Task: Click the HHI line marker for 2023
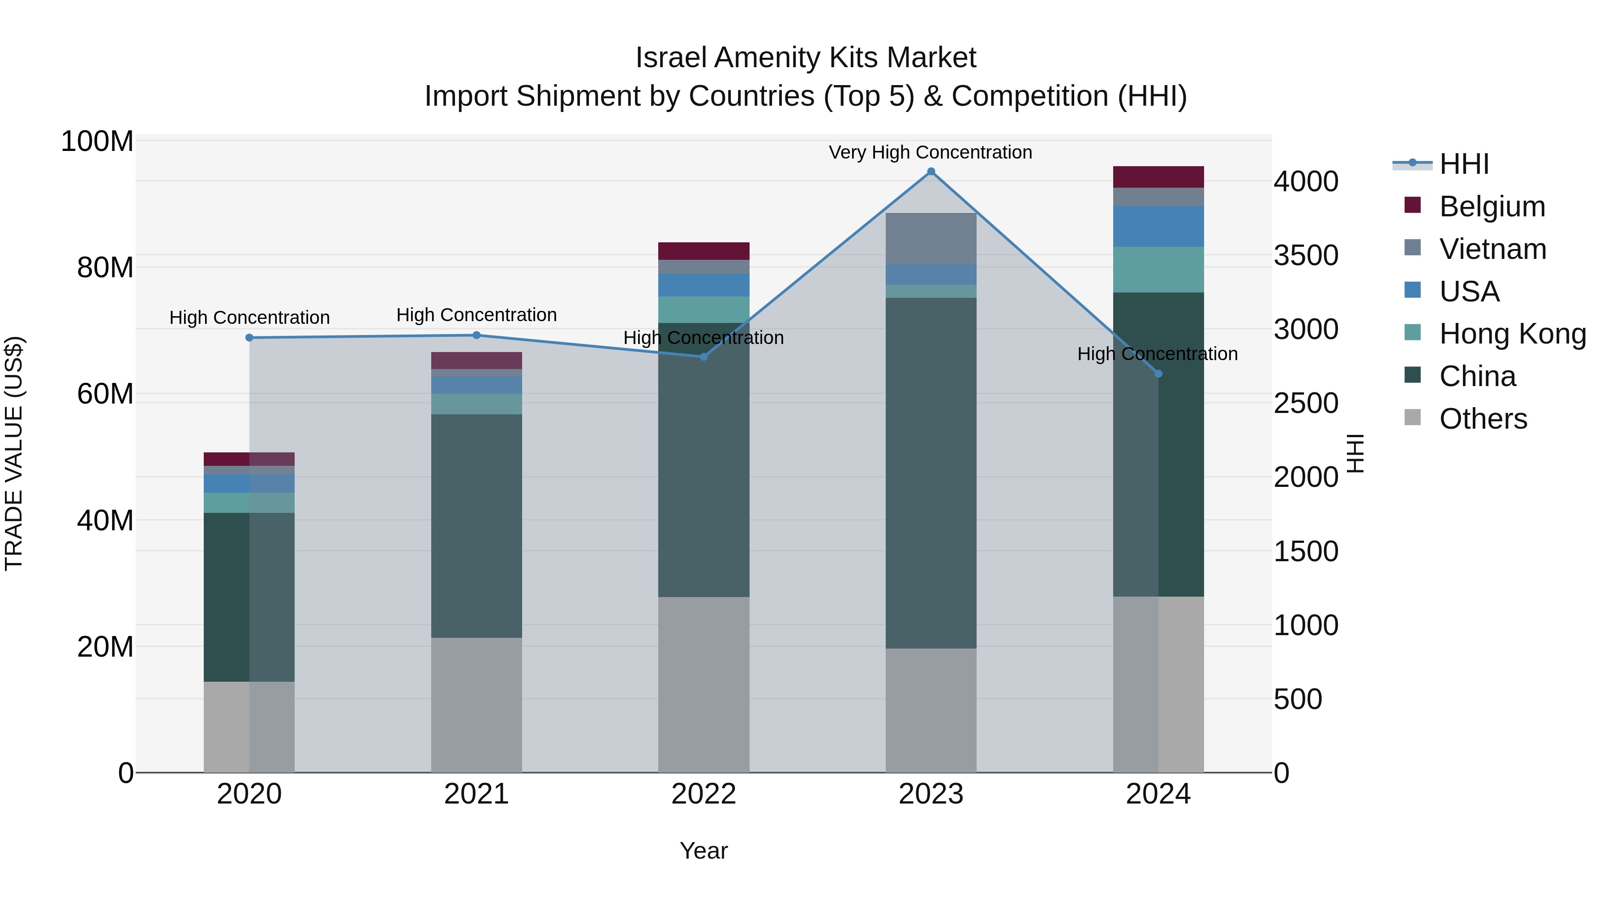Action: pos(930,172)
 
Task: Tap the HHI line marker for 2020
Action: pos(249,337)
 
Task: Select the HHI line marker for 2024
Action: pos(1158,374)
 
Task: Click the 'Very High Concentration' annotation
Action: pos(930,152)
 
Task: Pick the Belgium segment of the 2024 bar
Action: pos(1158,177)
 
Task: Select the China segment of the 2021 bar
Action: pos(476,526)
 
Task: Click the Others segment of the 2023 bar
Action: pos(930,710)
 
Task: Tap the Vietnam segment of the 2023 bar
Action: pos(930,239)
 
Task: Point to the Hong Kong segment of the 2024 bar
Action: pos(1158,269)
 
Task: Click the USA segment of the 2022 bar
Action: pos(703,285)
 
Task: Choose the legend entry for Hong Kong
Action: pos(1512,334)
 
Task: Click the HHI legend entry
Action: pos(1463,164)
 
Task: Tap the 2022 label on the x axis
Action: pos(703,794)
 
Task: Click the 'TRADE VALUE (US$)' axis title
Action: pos(14,453)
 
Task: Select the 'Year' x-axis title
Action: pos(703,851)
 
